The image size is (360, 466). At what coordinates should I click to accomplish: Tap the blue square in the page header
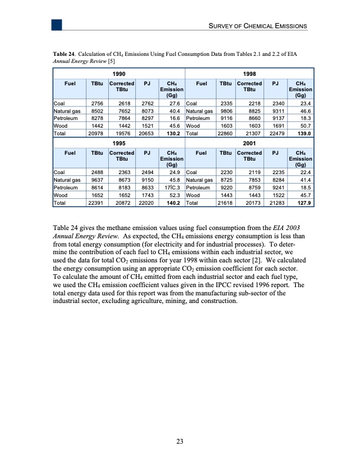click(x=56, y=24)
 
